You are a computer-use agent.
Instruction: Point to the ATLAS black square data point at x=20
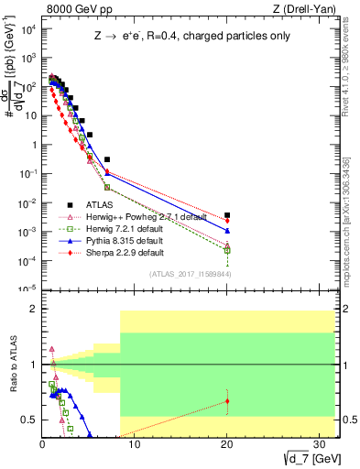click(x=227, y=215)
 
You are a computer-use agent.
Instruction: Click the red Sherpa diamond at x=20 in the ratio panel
click(x=227, y=401)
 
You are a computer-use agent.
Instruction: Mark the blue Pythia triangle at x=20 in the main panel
click(x=227, y=218)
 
